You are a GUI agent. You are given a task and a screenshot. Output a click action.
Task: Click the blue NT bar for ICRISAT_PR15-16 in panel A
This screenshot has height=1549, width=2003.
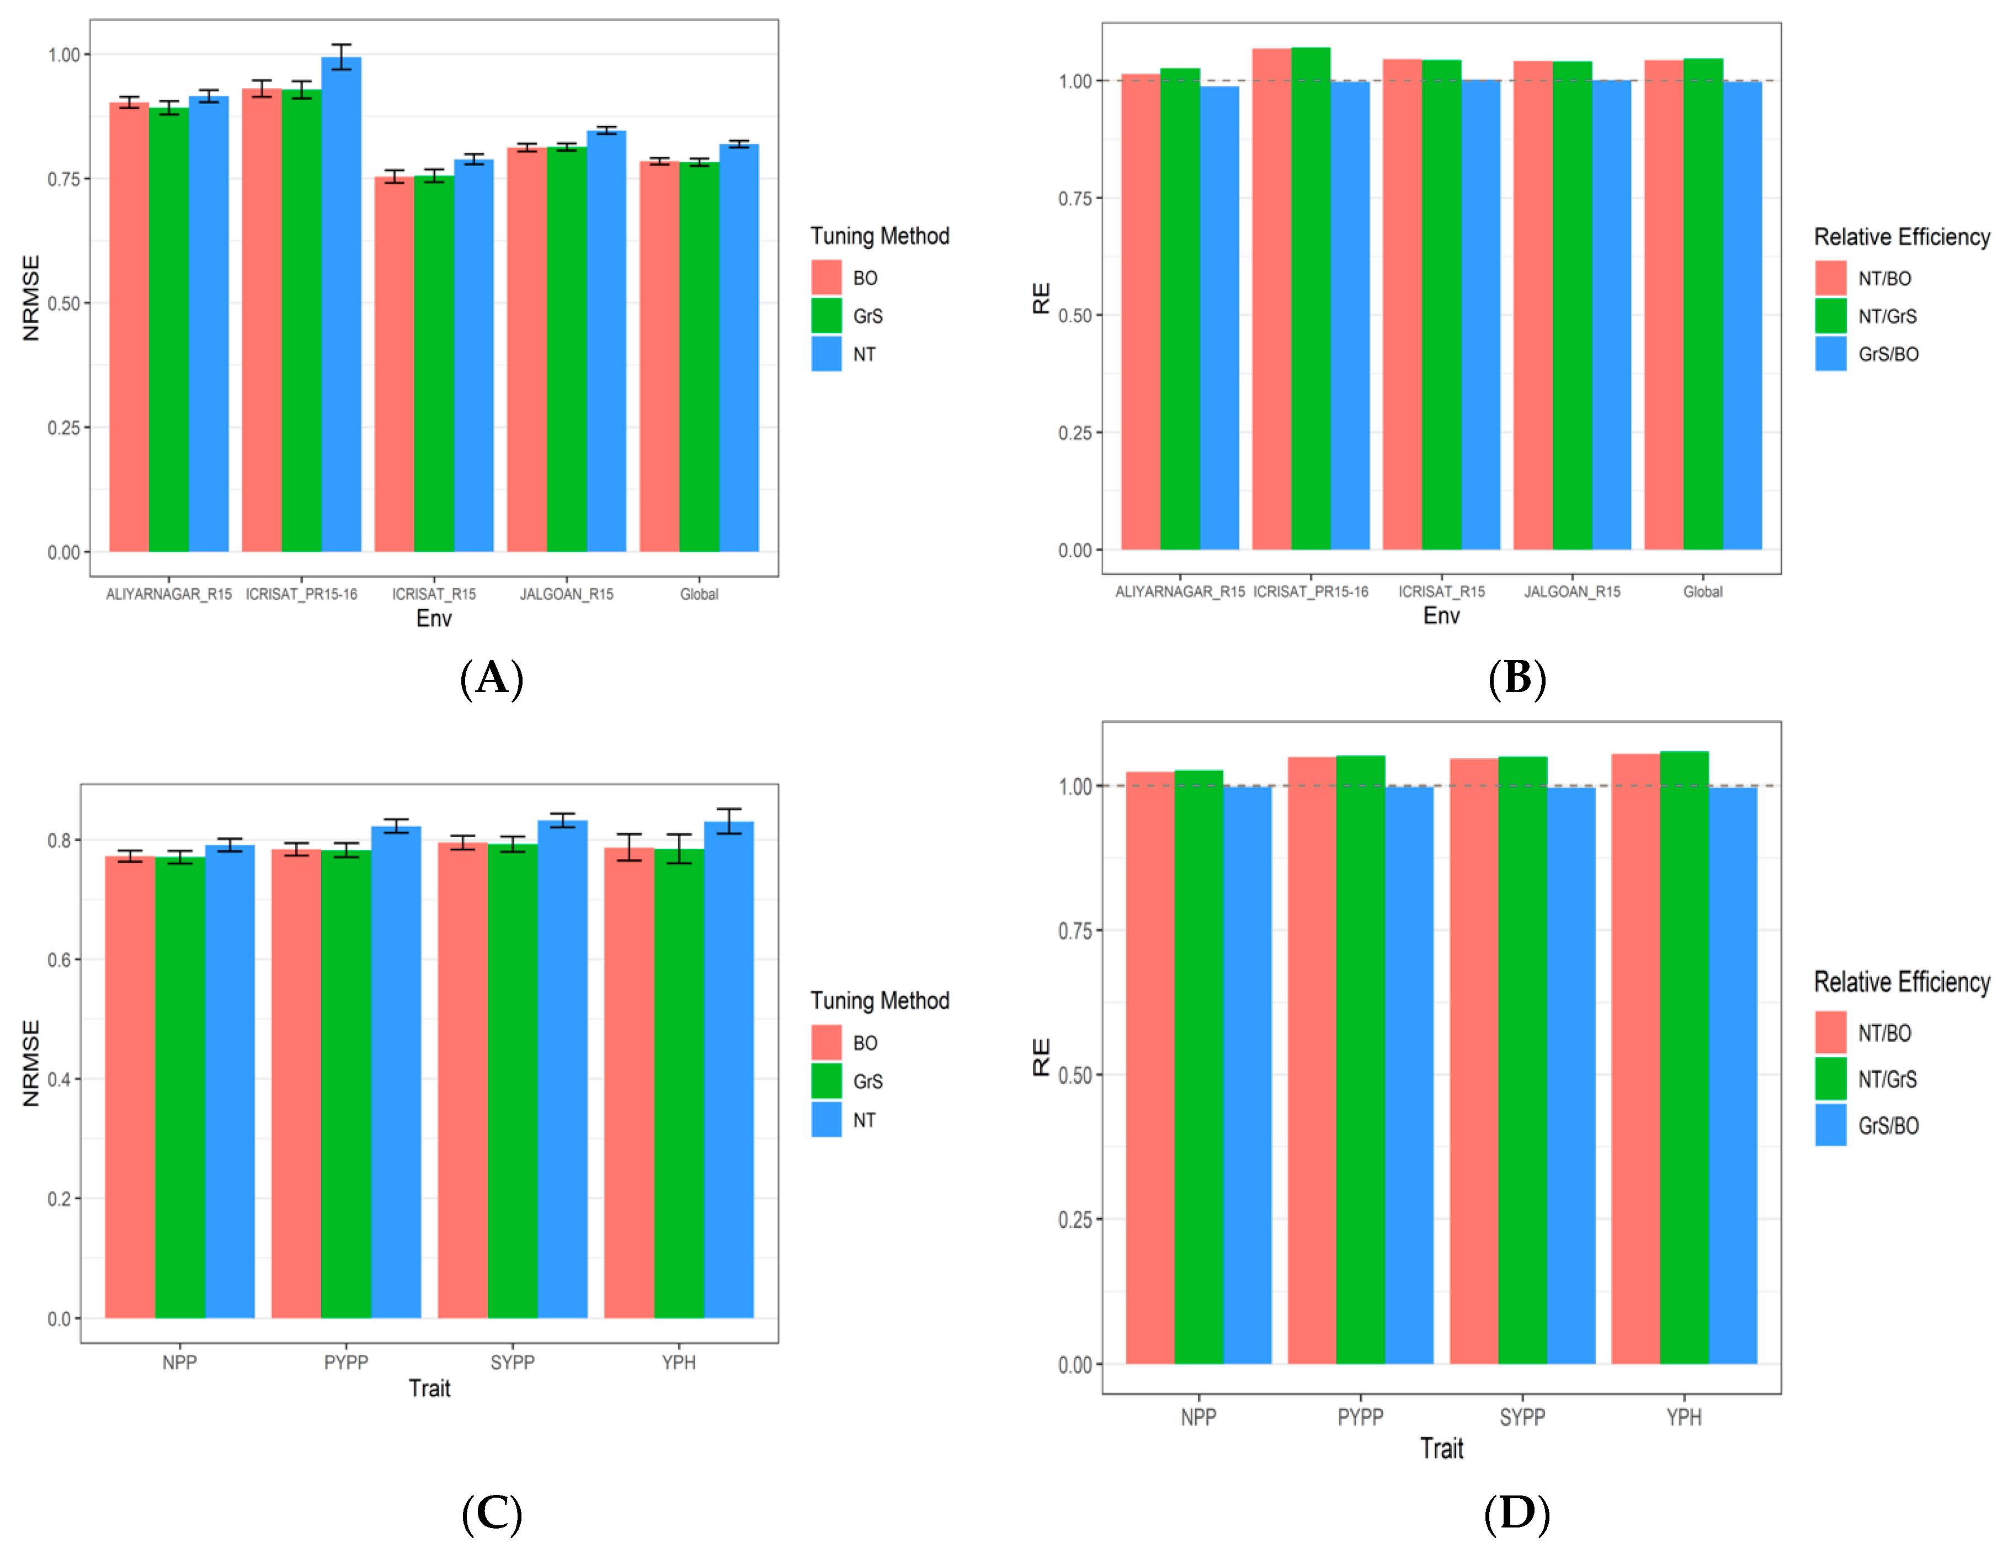point(341,302)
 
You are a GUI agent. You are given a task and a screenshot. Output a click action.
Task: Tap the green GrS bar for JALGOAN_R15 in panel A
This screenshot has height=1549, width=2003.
point(567,349)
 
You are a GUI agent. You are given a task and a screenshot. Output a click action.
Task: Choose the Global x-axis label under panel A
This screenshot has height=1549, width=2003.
point(699,594)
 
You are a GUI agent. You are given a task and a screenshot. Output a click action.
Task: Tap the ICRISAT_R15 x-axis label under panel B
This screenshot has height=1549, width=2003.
point(1441,592)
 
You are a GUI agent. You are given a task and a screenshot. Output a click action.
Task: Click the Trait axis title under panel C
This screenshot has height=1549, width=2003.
point(429,1388)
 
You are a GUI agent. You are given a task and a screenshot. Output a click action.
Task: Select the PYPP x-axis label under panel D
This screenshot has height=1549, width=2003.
point(1360,1418)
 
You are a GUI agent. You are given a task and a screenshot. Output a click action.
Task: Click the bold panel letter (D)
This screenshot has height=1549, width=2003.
point(1516,1513)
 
